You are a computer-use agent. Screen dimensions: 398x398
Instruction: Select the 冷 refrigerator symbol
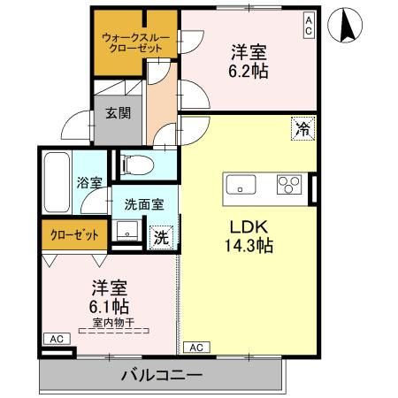point(302,129)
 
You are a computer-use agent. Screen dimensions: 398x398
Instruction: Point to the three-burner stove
point(288,185)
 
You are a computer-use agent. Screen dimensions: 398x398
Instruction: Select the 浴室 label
point(89,182)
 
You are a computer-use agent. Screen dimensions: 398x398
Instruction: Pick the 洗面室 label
point(144,203)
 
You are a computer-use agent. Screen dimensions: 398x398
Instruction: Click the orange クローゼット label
point(73,235)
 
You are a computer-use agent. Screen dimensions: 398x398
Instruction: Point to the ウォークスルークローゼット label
point(133,42)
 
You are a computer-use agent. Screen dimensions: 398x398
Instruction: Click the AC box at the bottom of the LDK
point(195,348)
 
